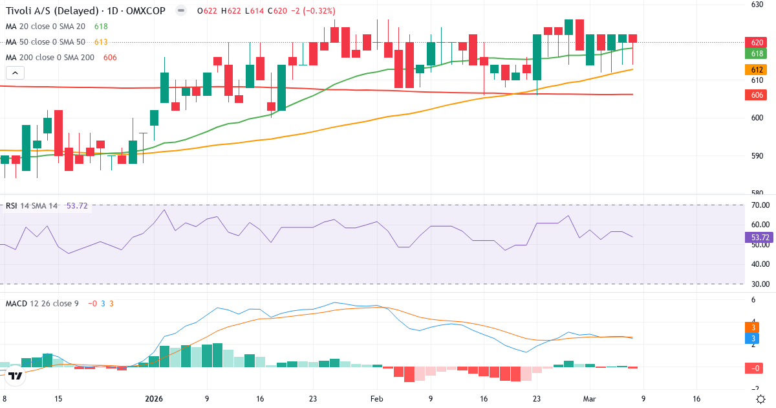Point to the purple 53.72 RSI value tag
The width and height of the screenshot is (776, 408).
(x=758, y=238)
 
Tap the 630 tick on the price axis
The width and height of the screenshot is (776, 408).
(x=757, y=5)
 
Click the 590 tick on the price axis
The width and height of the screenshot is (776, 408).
(x=757, y=156)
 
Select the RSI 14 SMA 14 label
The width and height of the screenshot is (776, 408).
(x=32, y=206)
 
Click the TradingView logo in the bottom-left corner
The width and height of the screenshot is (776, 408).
(x=16, y=375)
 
